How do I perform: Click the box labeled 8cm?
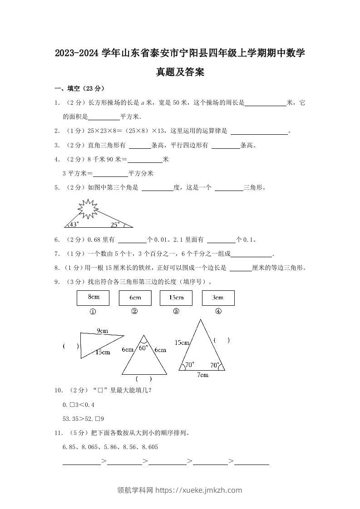[x=93, y=298]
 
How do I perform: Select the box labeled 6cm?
[x=135, y=298]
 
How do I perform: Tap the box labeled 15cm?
[x=176, y=298]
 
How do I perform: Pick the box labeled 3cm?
[x=218, y=298]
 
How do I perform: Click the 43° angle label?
[x=74, y=224]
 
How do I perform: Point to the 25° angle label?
[x=115, y=224]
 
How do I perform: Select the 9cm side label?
[x=102, y=330]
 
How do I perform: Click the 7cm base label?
[x=202, y=375]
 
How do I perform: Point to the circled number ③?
[x=176, y=311]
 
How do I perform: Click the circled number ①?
[x=93, y=312]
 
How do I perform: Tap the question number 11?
[x=58, y=433]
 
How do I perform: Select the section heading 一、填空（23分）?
[x=79, y=88]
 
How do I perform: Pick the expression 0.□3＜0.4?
[x=79, y=405]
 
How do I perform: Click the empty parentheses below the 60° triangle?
[x=144, y=379]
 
